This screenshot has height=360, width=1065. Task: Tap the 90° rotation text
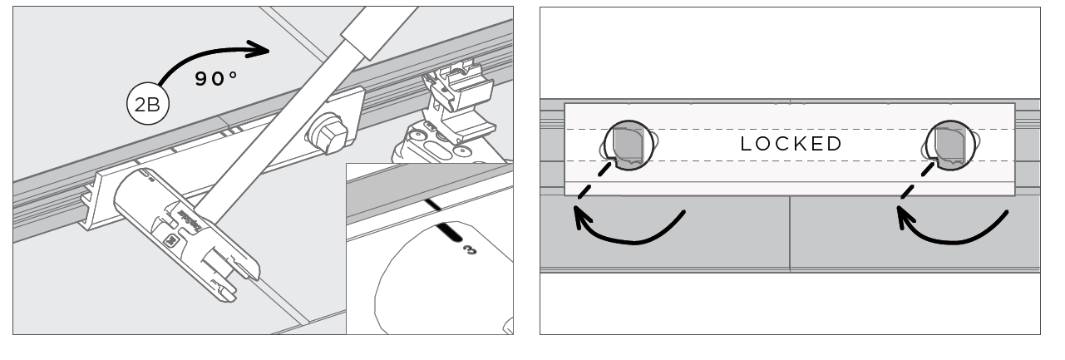(216, 80)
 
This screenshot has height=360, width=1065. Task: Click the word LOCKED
(791, 143)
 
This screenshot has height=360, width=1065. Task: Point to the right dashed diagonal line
(917, 181)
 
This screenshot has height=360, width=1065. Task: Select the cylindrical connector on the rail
(175, 204)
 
